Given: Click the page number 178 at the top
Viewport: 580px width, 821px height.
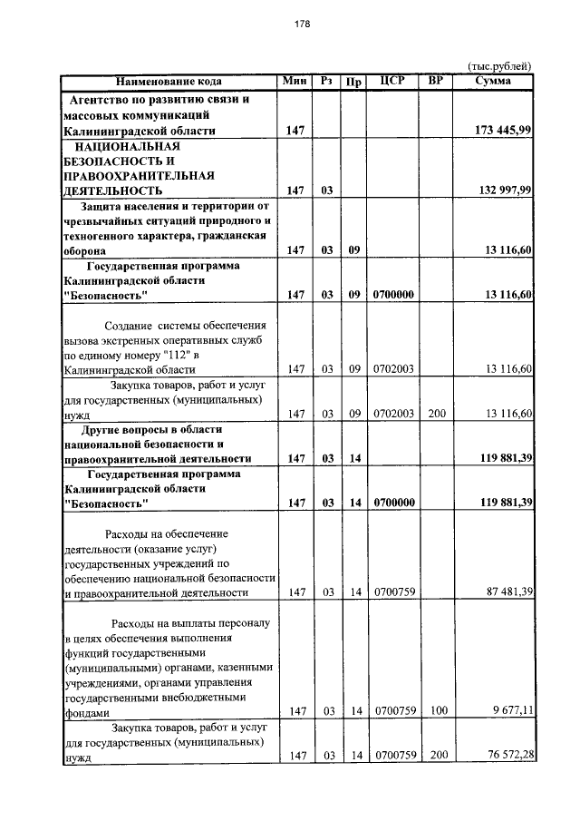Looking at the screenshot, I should [303, 24].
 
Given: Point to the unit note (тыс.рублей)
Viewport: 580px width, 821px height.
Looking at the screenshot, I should [498, 67].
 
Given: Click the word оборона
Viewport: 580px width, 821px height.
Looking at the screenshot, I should [89, 251].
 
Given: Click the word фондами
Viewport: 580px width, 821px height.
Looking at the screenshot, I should [87, 713].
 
